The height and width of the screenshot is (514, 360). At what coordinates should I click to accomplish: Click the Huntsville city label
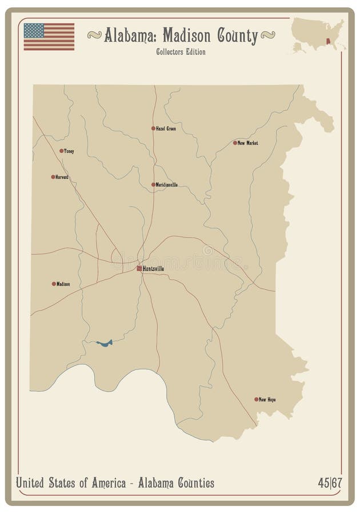(x=154, y=268)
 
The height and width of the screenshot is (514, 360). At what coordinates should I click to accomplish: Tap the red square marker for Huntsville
(x=139, y=268)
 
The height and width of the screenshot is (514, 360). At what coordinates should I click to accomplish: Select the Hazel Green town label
(x=166, y=128)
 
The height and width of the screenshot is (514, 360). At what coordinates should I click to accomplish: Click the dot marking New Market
(x=235, y=143)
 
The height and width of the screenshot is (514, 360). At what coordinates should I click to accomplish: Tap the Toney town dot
(x=61, y=151)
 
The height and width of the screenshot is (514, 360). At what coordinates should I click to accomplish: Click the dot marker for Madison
(x=54, y=284)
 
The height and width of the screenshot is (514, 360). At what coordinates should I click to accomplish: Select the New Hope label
(x=267, y=400)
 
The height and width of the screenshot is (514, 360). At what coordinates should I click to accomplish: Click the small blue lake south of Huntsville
(x=105, y=343)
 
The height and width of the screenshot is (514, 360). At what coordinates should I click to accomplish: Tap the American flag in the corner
(x=49, y=37)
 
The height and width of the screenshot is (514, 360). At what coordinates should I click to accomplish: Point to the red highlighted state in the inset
(x=328, y=41)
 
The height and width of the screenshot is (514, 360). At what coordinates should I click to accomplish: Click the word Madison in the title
(x=187, y=36)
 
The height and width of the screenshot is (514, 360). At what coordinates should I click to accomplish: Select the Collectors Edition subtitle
(x=181, y=52)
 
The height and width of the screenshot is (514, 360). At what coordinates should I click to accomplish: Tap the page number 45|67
(x=330, y=483)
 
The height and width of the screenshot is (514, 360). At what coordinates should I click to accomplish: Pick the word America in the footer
(x=108, y=483)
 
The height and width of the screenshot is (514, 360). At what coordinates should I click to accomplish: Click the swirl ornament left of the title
(x=94, y=35)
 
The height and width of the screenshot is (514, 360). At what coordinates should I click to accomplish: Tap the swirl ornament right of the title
(x=267, y=35)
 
